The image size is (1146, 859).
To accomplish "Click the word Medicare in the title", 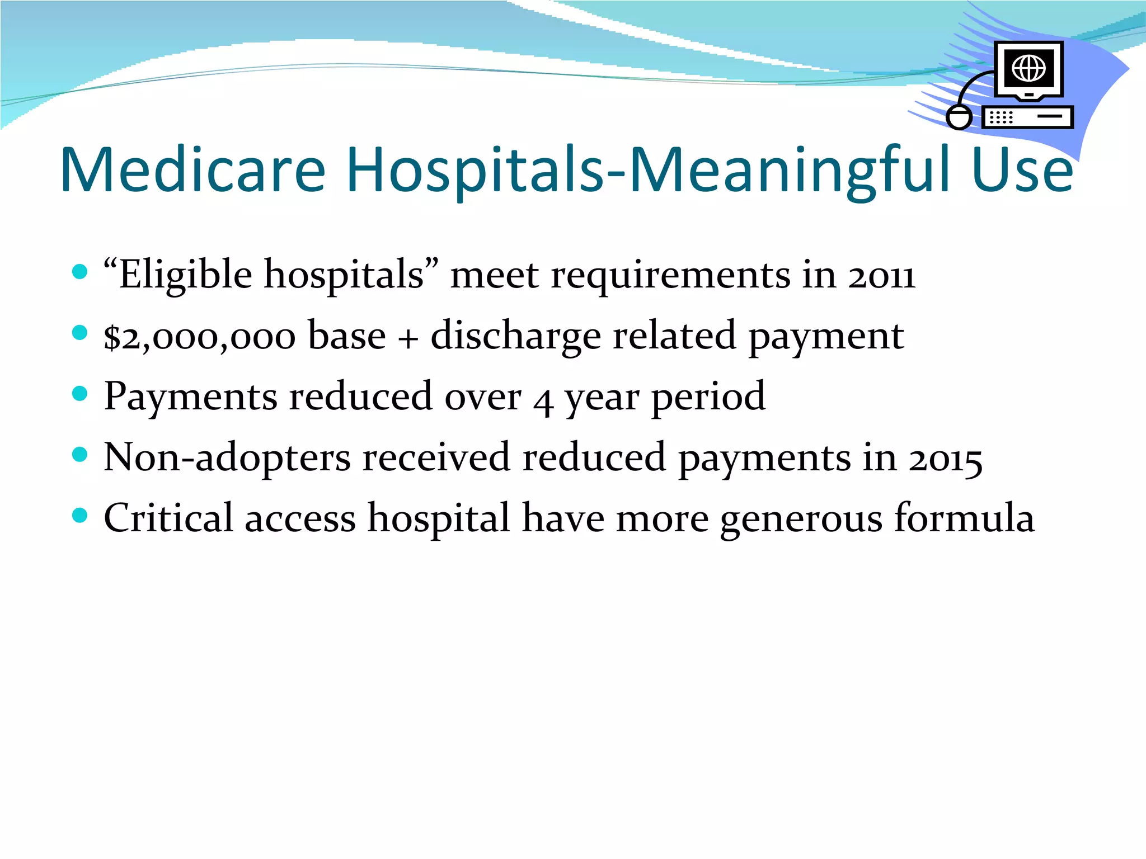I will pos(193,169).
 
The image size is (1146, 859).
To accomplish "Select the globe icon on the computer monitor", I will pos(1028,68).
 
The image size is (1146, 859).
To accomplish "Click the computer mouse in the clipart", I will pos(959,117).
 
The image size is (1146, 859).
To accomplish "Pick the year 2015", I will pos(945,460).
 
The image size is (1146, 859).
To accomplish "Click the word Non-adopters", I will pos(227,457).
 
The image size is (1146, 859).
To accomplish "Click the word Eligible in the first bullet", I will pos(185,275).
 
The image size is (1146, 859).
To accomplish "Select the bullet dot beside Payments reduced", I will pos(80,394).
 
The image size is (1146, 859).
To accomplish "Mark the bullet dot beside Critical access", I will pos(80,515).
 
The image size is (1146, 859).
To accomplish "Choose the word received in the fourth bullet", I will pos(436,457).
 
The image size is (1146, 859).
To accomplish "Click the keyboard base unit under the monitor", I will pos(1027,117).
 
